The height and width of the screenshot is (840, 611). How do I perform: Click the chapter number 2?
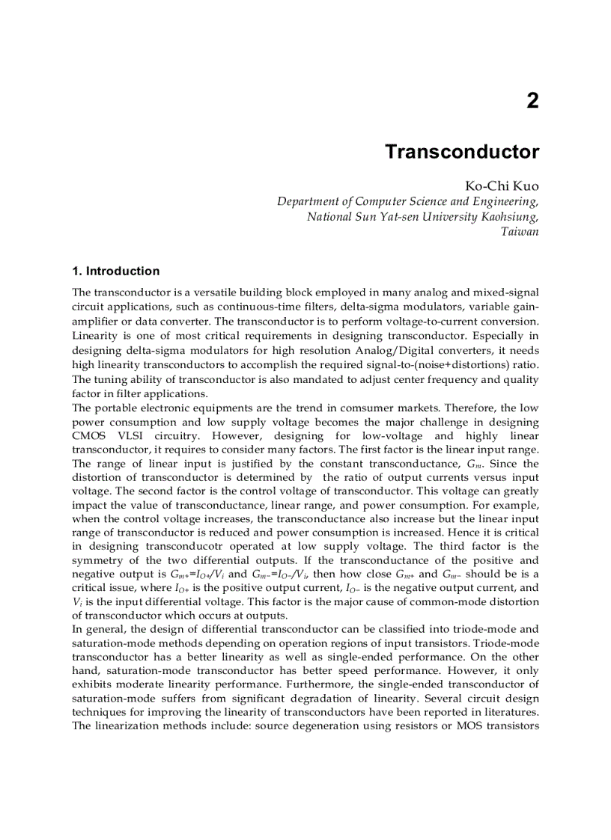pyautogui.click(x=532, y=101)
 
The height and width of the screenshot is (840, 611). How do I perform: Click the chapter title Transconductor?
pyautogui.click(x=461, y=152)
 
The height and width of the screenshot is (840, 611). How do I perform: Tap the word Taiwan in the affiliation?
pyautogui.click(x=519, y=232)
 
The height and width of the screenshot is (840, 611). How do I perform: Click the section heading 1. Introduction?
pyautogui.click(x=115, y=271)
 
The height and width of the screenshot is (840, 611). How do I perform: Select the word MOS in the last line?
pyautogui.click(x=469, y=726)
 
